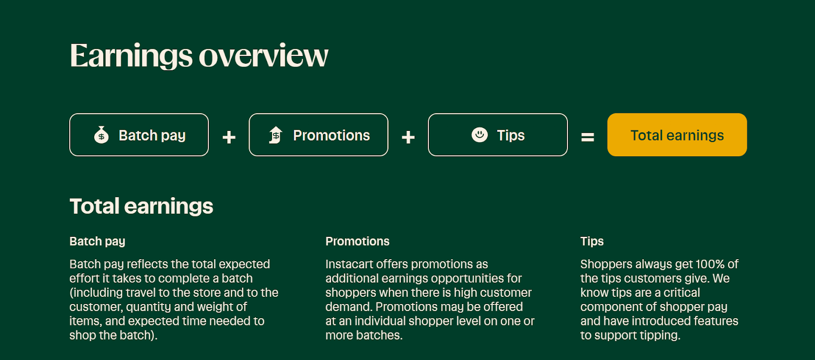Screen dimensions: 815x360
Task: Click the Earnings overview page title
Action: (x=199, y=56)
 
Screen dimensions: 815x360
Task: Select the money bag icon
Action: (x=101, y=135)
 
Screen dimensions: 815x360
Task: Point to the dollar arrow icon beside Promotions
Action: (x=276, y=135)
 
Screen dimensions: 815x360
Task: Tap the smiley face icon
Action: (x=479, y=135)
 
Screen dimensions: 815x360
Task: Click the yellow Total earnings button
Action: (x=677, y=135)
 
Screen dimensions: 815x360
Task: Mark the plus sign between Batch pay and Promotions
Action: (x=229, y=137)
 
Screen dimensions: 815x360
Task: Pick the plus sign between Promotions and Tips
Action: (x=408, y=137)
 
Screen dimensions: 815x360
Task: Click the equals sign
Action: (x=588, y=137)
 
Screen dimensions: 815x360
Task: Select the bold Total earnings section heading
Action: (x=141, y=206)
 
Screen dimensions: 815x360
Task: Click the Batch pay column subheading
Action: (x=97, y=241)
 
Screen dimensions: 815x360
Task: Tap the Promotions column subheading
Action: (x=357, y=241)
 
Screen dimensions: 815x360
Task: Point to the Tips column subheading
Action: (x=592, y=241)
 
